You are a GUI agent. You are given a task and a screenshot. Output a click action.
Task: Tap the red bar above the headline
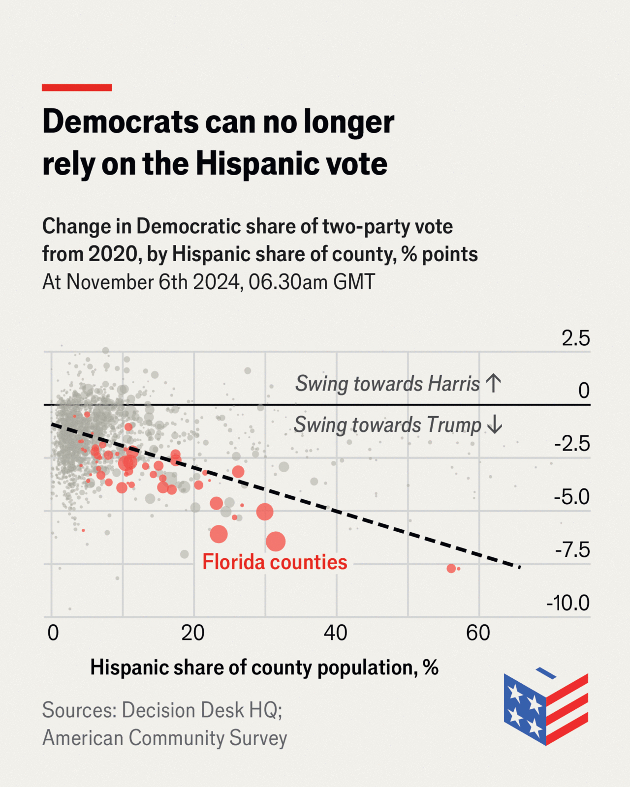coord(77,88)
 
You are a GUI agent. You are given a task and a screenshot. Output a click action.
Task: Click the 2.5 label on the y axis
coord(575,338)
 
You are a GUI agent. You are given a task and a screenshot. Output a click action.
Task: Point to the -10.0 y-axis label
coord(567,603)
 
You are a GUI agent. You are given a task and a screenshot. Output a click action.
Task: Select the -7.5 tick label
coord(572,550)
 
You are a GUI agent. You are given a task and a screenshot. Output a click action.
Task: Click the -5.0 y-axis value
coord(571,497)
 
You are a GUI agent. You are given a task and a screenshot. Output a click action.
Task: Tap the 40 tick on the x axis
coord(336,633)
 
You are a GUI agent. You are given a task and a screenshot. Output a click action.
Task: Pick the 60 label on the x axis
coord(478,633)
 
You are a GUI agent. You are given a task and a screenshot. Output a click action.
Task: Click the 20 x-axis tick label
coord(193,633)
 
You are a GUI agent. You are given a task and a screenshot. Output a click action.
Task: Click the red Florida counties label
coord(275,562)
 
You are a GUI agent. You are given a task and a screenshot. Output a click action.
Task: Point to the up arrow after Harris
coord(493,383)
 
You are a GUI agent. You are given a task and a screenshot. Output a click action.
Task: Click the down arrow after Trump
coord(494,424)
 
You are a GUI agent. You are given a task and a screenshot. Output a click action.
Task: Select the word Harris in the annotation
coord(453,384)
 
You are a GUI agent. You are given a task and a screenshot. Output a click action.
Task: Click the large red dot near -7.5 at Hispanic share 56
coord(451,569)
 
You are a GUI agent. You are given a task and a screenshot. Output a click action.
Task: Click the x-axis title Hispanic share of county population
coord(264,668)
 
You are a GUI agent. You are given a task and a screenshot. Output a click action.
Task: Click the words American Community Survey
coord(164,738)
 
